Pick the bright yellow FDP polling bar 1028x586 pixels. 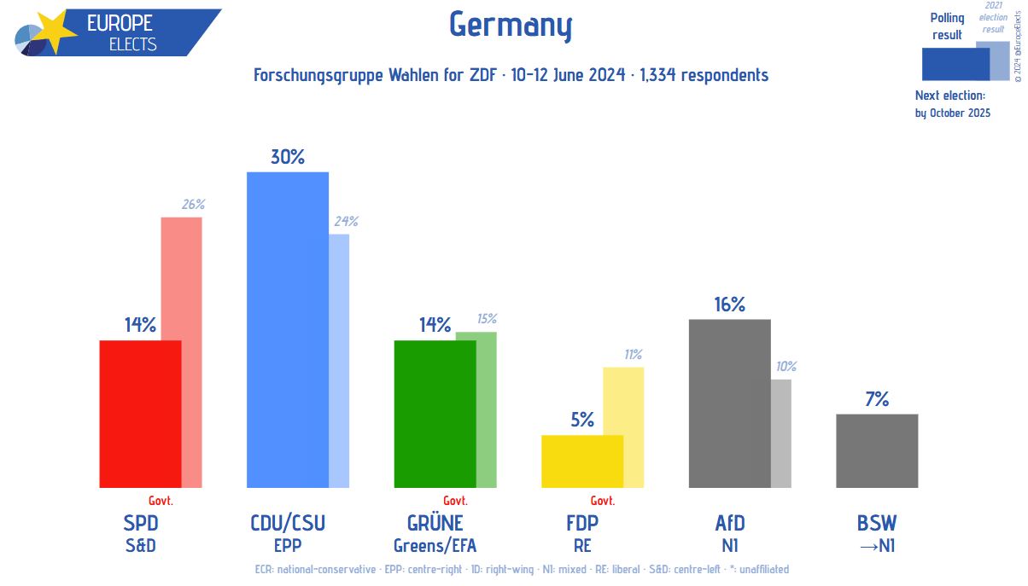pyautogui.click(x=582, y=461)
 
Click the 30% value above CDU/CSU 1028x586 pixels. pyautogui.click(x=288, y=157)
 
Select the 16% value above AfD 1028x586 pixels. pyautogui.click(x=729, y=305)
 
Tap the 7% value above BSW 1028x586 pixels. pyautogui.click(x=877, y=398)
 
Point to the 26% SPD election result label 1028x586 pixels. pyautogui.click(x=193, y=205)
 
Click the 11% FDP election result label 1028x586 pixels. pyautogui.click(x=632, y=354)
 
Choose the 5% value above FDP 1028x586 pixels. pyautogui.click(x=582, y=420)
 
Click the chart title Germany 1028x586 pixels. pyautogui.click(x=511, y=26)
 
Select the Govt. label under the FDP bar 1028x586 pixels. pyautogui.click(x=603, y=501)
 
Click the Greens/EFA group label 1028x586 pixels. pyautogui.click(x=435, y=545)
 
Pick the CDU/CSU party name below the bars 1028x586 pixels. pyautogui.click(x=288, y=523)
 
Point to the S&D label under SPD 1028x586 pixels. pyautogui.click(x=140, y=545)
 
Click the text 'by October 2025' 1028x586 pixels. pyautogui.click(x=953, y=113)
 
